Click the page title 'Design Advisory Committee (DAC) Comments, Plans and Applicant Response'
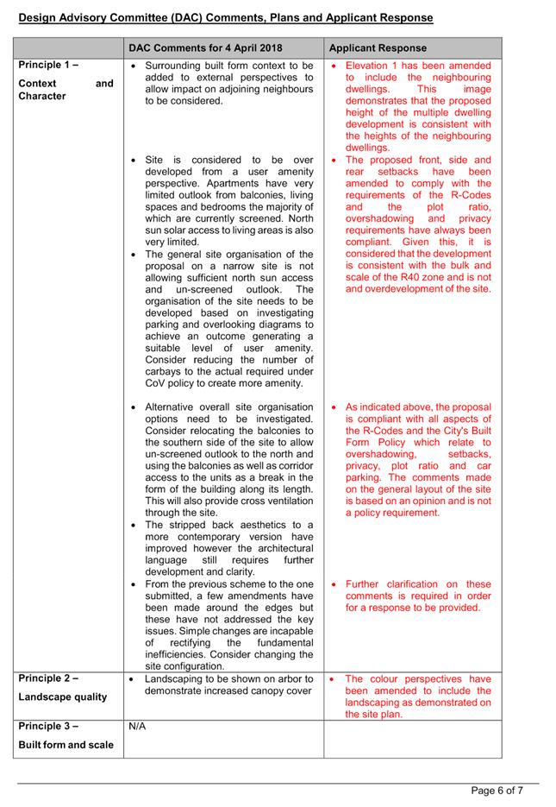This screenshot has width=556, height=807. (x=226, y=17)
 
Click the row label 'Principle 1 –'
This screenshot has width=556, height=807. (x=48, y=66)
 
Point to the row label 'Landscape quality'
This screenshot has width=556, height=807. (x=62, y=697)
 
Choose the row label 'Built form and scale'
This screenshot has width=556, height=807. (x=66, y=745)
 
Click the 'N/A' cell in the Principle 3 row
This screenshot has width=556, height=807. (x=137, y=727)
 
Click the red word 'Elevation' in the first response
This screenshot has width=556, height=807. (x=370, y=66)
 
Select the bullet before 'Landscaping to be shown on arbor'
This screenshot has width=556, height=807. (x=133, y=679)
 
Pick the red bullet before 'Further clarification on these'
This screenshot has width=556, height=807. (x=334, y=584)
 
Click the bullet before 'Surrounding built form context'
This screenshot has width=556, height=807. (x=133, y=66)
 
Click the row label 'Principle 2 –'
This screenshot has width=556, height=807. (x=48, y=679)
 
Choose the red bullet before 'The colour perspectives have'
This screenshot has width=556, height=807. (x=334, y=679)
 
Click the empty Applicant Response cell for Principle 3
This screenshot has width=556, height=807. (x=413, y=738)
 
